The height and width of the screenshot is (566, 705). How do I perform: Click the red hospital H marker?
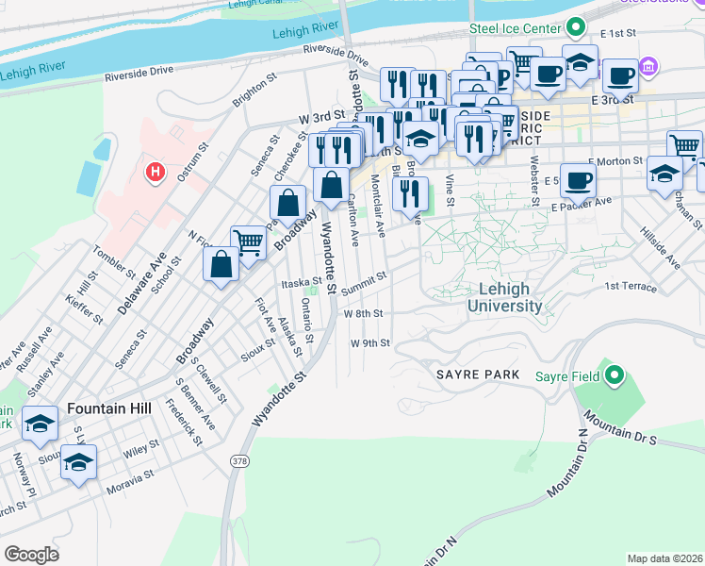[156, 173]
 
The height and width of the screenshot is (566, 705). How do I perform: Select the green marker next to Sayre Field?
[615, 376]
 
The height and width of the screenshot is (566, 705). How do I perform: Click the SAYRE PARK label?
[478, 375]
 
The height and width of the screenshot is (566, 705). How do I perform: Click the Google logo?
[31, 555]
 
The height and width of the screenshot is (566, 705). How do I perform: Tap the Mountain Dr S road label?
[617, 425]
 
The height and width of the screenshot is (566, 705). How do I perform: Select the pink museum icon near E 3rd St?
[648, 67]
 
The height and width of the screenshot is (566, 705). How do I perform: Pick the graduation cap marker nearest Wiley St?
[79, 461]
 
